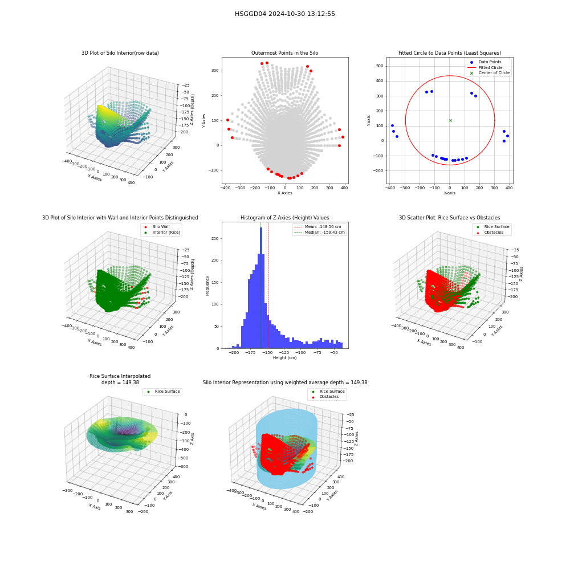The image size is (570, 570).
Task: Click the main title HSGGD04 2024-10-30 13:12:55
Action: (284, 14)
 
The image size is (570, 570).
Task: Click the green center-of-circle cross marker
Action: (450, 120)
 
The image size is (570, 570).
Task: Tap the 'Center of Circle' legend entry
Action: (490, 73)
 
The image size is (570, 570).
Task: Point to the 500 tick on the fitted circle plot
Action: (380, 66)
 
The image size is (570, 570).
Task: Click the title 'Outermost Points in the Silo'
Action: (284, 53)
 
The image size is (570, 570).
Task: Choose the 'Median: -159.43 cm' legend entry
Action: (319, 233)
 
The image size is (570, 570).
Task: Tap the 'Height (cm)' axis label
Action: (284, 358)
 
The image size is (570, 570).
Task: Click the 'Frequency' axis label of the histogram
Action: (207, 286)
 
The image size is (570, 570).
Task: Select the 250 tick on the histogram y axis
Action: (215, 238)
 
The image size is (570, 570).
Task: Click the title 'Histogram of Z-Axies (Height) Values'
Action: (284, 218)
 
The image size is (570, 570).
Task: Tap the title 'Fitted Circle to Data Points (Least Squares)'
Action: (450, 53)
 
